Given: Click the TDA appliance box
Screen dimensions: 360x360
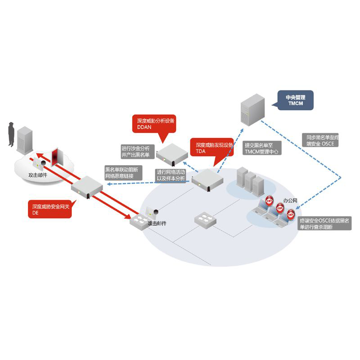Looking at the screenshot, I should (208, 180).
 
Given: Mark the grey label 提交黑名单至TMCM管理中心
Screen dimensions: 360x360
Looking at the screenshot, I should (262, 148).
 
